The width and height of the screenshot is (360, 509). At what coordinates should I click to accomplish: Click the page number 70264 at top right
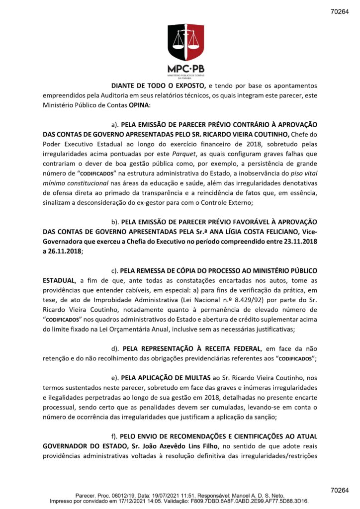click(x=340, y=11)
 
